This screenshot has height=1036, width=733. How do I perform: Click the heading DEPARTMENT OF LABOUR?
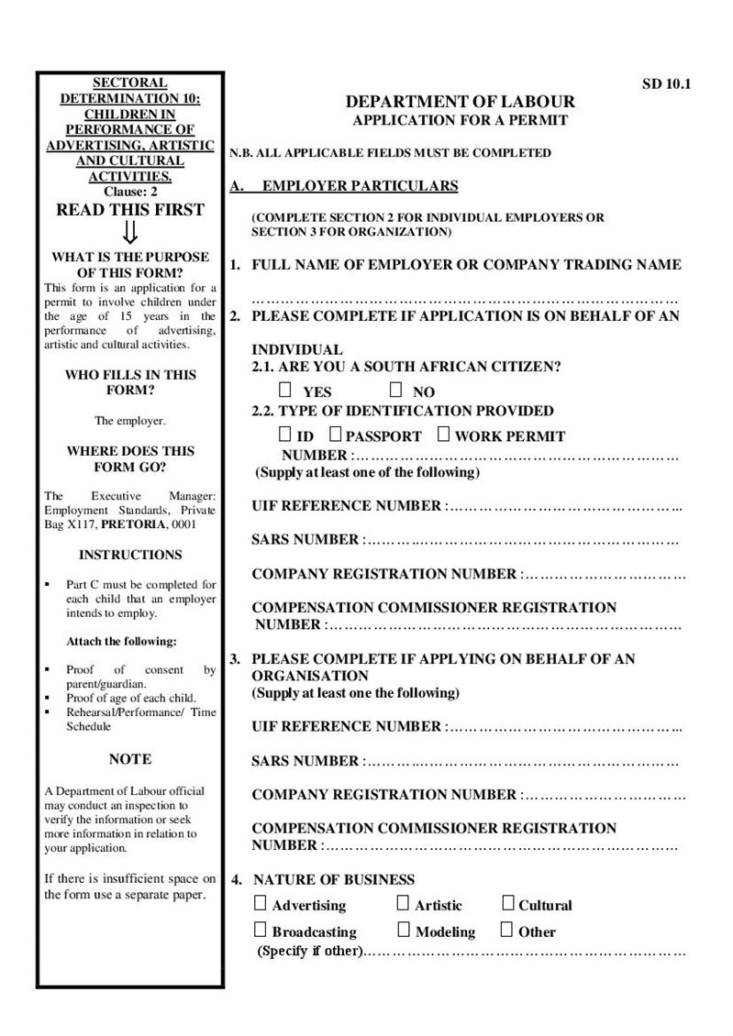pos(461,102)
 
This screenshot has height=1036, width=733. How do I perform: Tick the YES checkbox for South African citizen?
pos(287,390)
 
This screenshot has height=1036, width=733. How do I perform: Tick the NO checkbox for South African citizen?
pos(396,390)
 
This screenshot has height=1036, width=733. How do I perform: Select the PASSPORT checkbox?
pos(336,434)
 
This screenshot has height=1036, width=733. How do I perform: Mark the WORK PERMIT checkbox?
pos(444,434)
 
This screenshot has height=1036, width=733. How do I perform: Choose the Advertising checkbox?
pos(261,903)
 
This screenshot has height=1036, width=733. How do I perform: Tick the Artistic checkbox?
pos(403,903)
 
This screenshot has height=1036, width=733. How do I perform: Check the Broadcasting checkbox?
pos(261,930)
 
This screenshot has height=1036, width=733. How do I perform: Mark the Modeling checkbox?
pos(403,930)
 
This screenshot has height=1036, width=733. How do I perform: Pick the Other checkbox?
pos(507,930)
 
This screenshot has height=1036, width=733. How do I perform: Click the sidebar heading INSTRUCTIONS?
pos(130,555)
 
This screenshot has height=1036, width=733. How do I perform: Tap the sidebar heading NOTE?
pos(130,759)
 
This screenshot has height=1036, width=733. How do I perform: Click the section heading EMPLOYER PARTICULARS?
pos(360,186)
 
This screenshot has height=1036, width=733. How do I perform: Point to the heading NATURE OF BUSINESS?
pos(334,879)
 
